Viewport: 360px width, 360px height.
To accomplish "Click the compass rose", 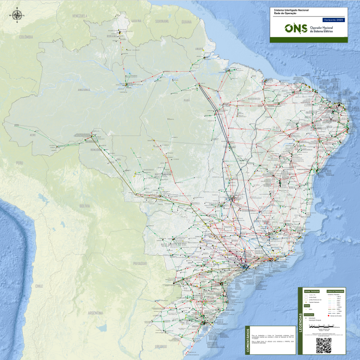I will pos(17,16).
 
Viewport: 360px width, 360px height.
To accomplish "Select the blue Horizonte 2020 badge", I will pos(333,20).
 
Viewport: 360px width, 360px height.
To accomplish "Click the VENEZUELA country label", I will pos(80,16).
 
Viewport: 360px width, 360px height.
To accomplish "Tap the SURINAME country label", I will pos(163,21).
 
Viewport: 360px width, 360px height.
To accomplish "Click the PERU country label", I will pos(20,163).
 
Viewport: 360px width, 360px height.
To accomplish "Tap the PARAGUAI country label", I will pos(140,263).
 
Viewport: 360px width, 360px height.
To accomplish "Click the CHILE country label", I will pos(39,286).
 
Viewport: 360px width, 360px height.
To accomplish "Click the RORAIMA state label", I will pos(111,35).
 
